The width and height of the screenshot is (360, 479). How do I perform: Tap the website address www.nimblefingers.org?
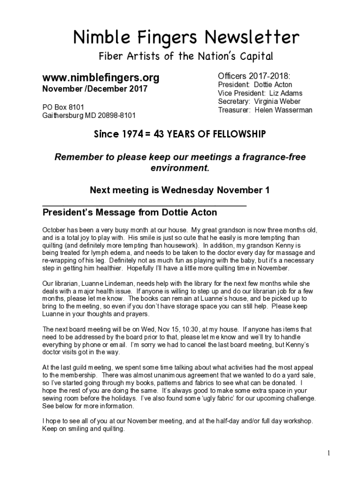tap(101, 77)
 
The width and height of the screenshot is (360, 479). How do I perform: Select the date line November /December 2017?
tap(95, 89)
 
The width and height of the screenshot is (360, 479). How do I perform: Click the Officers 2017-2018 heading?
tap(254, 76)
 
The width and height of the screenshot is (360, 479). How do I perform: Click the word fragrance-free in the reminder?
tap(274, 157)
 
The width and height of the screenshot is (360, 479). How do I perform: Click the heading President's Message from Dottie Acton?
tap(130, 212)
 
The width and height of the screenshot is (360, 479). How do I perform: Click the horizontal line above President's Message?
tap(144, 205)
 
